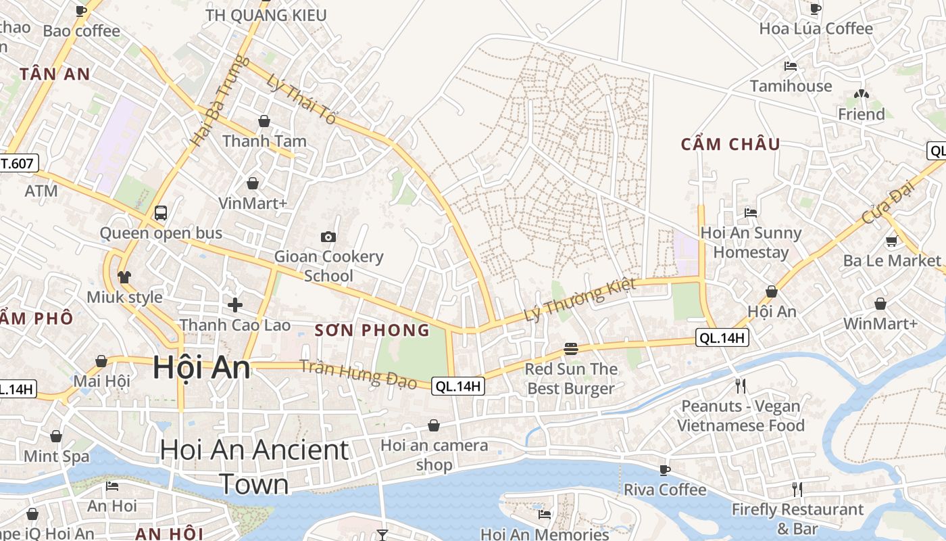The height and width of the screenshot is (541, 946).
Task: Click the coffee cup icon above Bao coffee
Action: pyautogui.click(x=81, y=11)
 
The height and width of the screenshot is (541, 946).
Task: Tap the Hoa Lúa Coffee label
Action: pyautogui.click(x=816, y=28)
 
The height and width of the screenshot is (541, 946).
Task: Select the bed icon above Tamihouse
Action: pyautogui.click(x=791, y=66)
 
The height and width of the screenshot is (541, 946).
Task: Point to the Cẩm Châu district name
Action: pyautogui.click(x=730, y=144)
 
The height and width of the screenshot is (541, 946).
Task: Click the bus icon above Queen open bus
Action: pyautogui.click(x=161, y=212)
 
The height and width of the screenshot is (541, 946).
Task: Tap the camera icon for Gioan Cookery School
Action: pyautogui.click(x=328, y=237)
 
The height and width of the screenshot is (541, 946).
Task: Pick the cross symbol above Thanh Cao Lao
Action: pyautogui.click(x=235, y=305)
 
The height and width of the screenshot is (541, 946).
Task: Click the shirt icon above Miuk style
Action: pyautogui.click(x=124, y=277)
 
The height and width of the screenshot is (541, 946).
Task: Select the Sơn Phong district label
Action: pyautogui.click(x=372, y=330)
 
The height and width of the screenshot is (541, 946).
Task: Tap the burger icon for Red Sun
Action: pyautogui.click(x=571, y=349)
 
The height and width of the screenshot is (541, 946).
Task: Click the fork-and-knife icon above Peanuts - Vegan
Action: pyautogui.click(x=741, y=386)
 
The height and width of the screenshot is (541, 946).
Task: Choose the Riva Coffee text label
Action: pyautogui.click(x=664, y=490)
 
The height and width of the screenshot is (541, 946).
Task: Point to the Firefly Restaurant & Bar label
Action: pyautogui.click(x=797, y=519)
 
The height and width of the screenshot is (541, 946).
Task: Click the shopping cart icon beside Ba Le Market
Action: pyautogui.click(x=891, y=241)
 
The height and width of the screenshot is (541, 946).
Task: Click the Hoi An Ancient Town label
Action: pyautogui.click(x=254, y=467)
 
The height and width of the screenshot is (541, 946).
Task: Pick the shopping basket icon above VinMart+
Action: pyautogui.click(x=253, y=183)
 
